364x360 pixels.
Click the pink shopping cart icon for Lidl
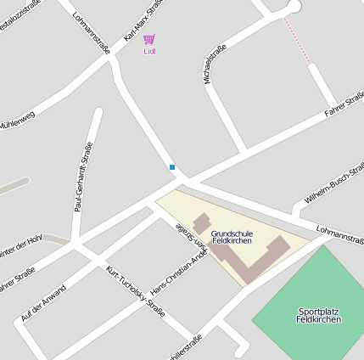point(149,39)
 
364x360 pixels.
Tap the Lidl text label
point(149,52)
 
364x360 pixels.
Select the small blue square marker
point(172,167)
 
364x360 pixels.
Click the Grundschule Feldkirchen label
point(232,237)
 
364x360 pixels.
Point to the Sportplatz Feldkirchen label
point(319,315)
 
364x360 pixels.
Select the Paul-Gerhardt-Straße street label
point(83,177)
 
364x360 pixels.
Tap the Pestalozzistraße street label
point(19,18)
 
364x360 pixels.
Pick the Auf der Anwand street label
point(42,301)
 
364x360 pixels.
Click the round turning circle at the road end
point(294,5)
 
